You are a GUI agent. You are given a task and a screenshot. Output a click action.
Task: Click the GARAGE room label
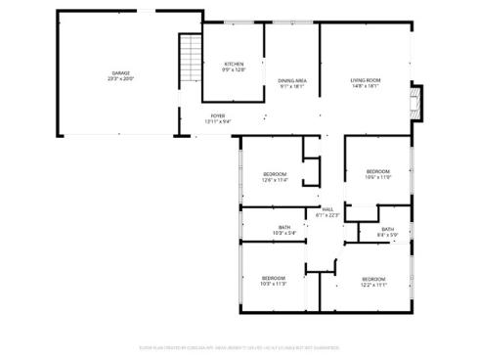[121, 72]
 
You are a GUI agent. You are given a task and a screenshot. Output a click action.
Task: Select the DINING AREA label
[293, 80]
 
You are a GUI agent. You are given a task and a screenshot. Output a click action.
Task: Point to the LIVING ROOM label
[366, 79]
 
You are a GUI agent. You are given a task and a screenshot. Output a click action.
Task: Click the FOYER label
[218, 116]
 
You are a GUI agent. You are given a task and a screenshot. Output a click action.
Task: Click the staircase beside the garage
[188, 59]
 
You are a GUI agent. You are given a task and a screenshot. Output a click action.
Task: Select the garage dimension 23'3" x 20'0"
[121, 78]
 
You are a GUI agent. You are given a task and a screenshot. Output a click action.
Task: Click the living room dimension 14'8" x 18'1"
[366, 85]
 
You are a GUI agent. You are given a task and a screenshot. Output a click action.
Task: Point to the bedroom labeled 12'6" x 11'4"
[274, 177]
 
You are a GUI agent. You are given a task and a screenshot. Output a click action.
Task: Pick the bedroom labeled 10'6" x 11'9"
[377, 174]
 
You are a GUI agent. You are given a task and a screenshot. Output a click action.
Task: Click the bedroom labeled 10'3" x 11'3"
[274, 281]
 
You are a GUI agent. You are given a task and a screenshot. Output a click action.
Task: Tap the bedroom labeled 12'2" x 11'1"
[373, 281]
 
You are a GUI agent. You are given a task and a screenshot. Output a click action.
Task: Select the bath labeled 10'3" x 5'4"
[284, 229]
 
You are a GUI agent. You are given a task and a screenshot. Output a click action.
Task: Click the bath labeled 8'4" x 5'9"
[388, 232]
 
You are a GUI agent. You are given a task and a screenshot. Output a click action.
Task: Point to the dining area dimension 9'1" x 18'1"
[293, 86]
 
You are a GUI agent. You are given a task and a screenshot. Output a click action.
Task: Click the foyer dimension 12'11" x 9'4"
[218, 122]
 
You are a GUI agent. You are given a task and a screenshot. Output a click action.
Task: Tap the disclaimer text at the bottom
[239, 346]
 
